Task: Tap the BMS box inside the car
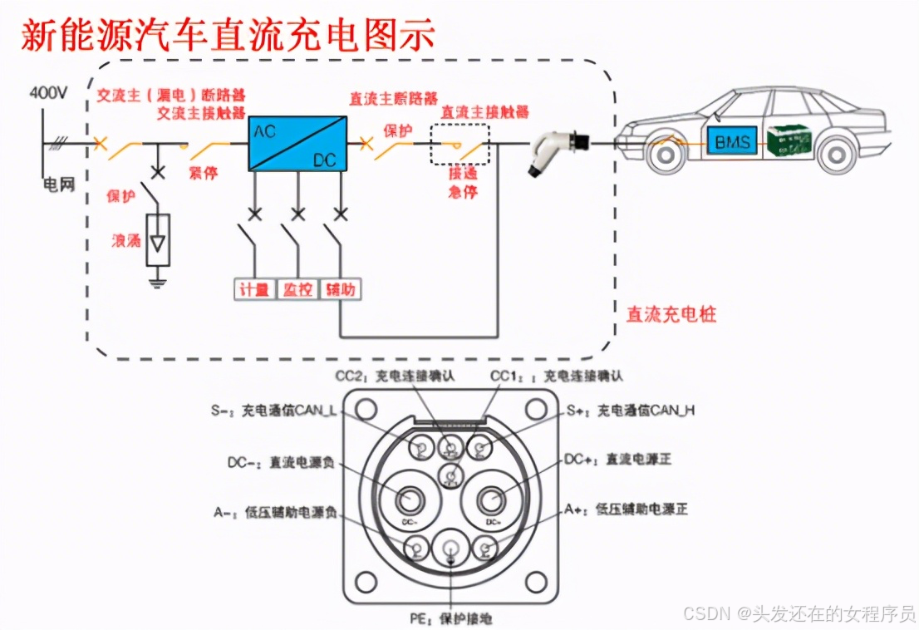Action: (x=732, y=141)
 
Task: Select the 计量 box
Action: (x=254, y=289)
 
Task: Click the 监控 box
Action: (x=297, y=289)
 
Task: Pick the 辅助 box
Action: (x=340, y=289)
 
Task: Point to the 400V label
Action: (x=48, y=93)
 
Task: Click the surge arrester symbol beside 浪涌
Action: (x=157, y=241)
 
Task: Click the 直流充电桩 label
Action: (x=671, y=314)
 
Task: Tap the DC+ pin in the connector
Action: (x=490, y=499)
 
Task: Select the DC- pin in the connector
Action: (x=409, y=499)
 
